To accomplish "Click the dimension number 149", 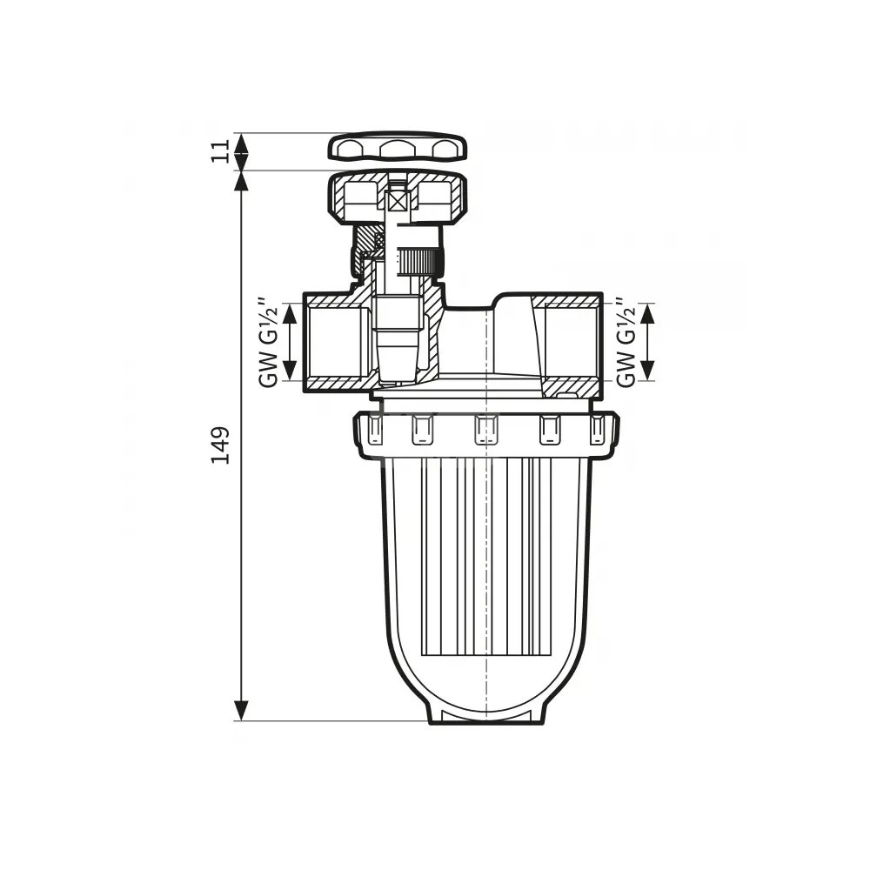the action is click(x=220, y=445).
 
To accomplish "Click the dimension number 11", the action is click(x=220, y=151).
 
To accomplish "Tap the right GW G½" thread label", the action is click(x=626, y=342).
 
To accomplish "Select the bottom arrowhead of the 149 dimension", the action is click(x=241, y=710).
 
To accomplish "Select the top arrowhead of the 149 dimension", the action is click(x=241, y=181).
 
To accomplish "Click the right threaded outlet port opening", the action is click(x=572, y=342).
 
